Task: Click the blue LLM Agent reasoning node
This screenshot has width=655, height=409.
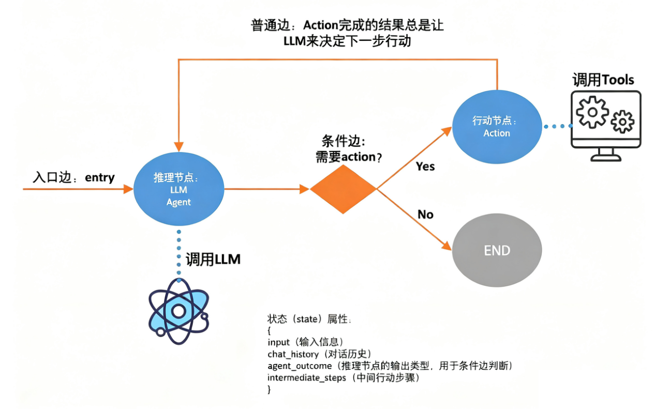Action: (178, 189)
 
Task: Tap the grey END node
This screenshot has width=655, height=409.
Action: (497, 251)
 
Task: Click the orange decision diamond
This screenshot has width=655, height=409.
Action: (343, 189)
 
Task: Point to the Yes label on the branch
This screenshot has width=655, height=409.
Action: (425, 166)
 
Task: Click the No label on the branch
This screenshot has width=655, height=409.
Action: (425, 214)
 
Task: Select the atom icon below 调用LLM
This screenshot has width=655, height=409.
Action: (178, 312)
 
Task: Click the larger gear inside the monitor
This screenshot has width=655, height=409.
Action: (592, 112)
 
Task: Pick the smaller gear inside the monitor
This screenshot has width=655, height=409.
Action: (622, 122)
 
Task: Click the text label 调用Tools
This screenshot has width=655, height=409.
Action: (603, 80)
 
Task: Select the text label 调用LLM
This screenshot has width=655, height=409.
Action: (213, 259)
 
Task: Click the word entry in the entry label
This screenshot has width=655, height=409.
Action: (99, 177)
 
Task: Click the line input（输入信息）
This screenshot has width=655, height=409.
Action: (305, 342)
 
